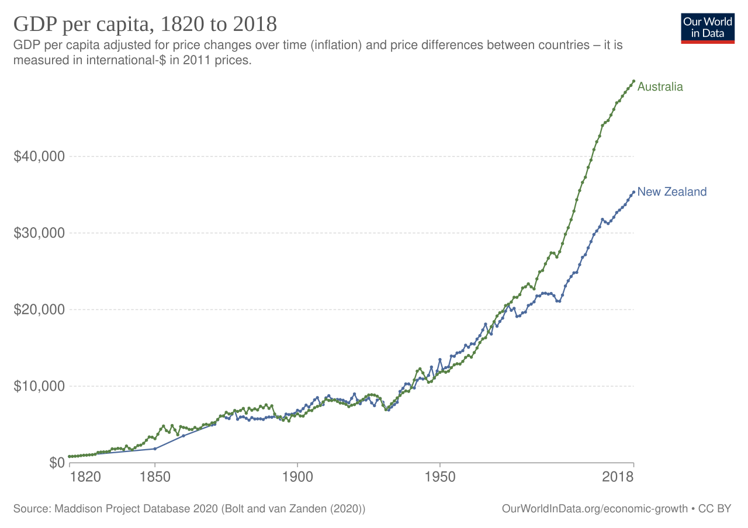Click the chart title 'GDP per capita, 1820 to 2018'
tap(145, 25)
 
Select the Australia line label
tap(660, 87)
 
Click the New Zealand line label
tap(672, 192)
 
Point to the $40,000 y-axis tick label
tap(39, 157)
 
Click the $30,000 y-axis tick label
tap(39, 233)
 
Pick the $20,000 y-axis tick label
tap(39, 310)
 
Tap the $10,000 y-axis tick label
tap(39, 386)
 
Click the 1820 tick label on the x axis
tap(84, 477)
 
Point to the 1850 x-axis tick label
tap(155, 477)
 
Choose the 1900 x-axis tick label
tap(297, 477)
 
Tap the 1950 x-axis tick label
tap(440, 477)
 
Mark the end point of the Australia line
tap(634, 81)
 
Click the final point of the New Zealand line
tap(634, 192)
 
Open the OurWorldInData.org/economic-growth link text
tap(594, 509)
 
